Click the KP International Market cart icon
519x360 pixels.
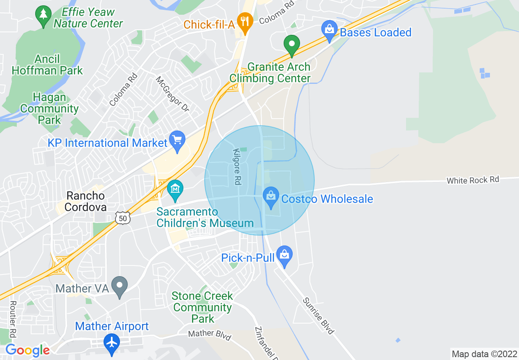pos(177,141)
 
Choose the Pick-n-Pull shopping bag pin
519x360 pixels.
pos(284,255)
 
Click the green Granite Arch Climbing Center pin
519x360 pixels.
pos(292,45)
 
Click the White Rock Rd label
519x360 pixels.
pos(473,180)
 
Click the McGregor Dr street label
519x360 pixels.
pos(172,94)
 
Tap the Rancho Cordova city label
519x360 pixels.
pos(86,201)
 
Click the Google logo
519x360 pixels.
pos(27,350)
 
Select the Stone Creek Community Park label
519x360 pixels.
pos(202,307)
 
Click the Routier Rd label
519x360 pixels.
pos(12,319)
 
